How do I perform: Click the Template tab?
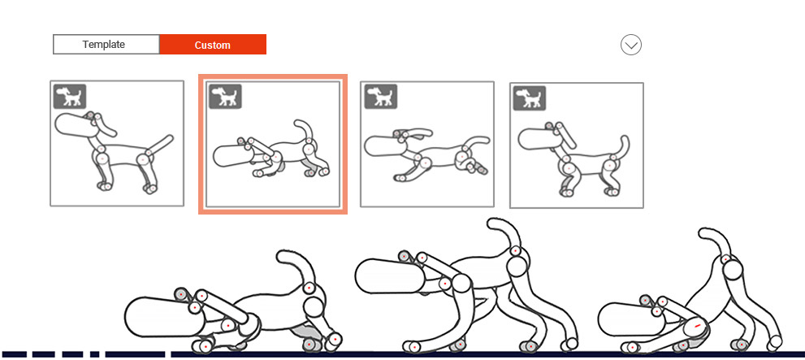[x=106, y=45]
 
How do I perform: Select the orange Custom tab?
[x=213, y=45]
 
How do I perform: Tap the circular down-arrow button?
[x=631, y=45]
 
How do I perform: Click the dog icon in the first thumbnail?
[x=70, y=97]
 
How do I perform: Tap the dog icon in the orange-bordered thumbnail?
[x=226, y=97]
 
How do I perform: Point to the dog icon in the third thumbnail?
[x=380, y=97]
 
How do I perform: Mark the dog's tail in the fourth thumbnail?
[x=622, y=147]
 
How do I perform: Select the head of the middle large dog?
[x=388, y=276]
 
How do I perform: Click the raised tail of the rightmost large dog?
[x=719, y=242]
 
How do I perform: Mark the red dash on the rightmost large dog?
[x=697, y=327]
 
